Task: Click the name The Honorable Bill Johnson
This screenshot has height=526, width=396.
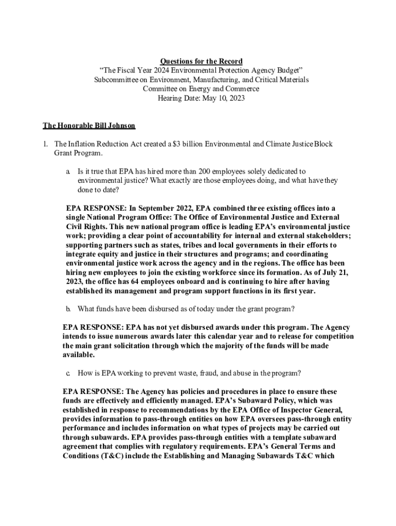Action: pyautogui.click(x=88, y=125)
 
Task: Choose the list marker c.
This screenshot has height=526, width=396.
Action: pyautogui.click(x=67, y=372)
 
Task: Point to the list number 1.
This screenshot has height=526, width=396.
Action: pyautogui.click(x=46, y=144)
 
